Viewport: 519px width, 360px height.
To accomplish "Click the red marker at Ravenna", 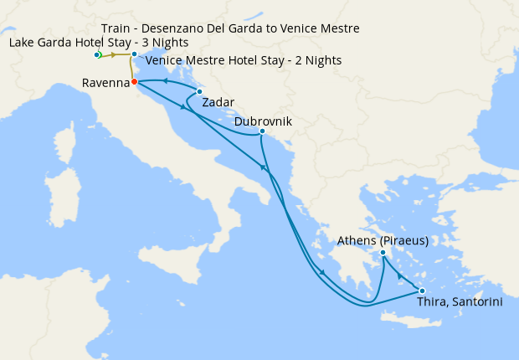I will [134, 82].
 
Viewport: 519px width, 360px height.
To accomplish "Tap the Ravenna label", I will [106, 83].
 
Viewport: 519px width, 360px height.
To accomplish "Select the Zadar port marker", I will [199, 91].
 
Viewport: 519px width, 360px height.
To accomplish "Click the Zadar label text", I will [218, 103].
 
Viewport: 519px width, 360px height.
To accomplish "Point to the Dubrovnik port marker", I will [263, 131].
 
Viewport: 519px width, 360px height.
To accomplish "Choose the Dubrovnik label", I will [263, 121].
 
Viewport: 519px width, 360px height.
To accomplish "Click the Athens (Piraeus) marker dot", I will [383, 253].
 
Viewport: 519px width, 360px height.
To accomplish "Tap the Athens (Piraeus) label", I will [383, 241].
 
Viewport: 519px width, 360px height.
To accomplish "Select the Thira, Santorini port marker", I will [422, 291].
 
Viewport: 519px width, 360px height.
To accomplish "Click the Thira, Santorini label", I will [460, 302].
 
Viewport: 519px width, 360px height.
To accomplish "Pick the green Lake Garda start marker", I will [97, 55].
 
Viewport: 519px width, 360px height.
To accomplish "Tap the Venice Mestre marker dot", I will [134, 54].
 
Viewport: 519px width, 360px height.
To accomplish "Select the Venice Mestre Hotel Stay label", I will [243, 60].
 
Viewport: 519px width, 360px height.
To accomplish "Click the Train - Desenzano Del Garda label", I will [230, 28].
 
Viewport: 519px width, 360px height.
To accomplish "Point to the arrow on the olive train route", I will [114, 55].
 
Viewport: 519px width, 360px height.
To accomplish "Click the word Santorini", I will [476, 302].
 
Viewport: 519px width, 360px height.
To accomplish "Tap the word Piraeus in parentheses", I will [404, 241].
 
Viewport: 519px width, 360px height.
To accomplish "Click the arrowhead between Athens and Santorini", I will [401, 275].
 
